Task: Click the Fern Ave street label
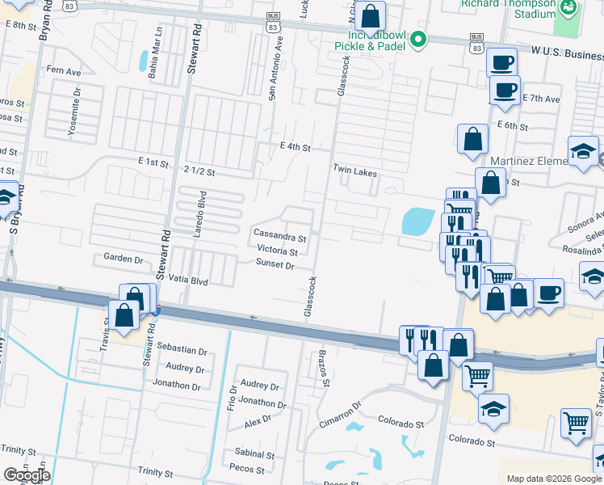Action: [64, 71]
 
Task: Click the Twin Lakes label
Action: [355, 173]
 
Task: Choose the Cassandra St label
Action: [280, 238]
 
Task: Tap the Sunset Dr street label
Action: [275, 264]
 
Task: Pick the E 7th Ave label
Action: [541, 99]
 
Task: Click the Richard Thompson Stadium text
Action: [509, 8]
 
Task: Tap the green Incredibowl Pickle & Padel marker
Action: [417, 39]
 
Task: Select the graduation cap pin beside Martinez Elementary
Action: [583, 152]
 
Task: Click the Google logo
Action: [27, 475]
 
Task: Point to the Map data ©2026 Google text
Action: [553, 479]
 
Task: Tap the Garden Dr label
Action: [123, 259]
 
